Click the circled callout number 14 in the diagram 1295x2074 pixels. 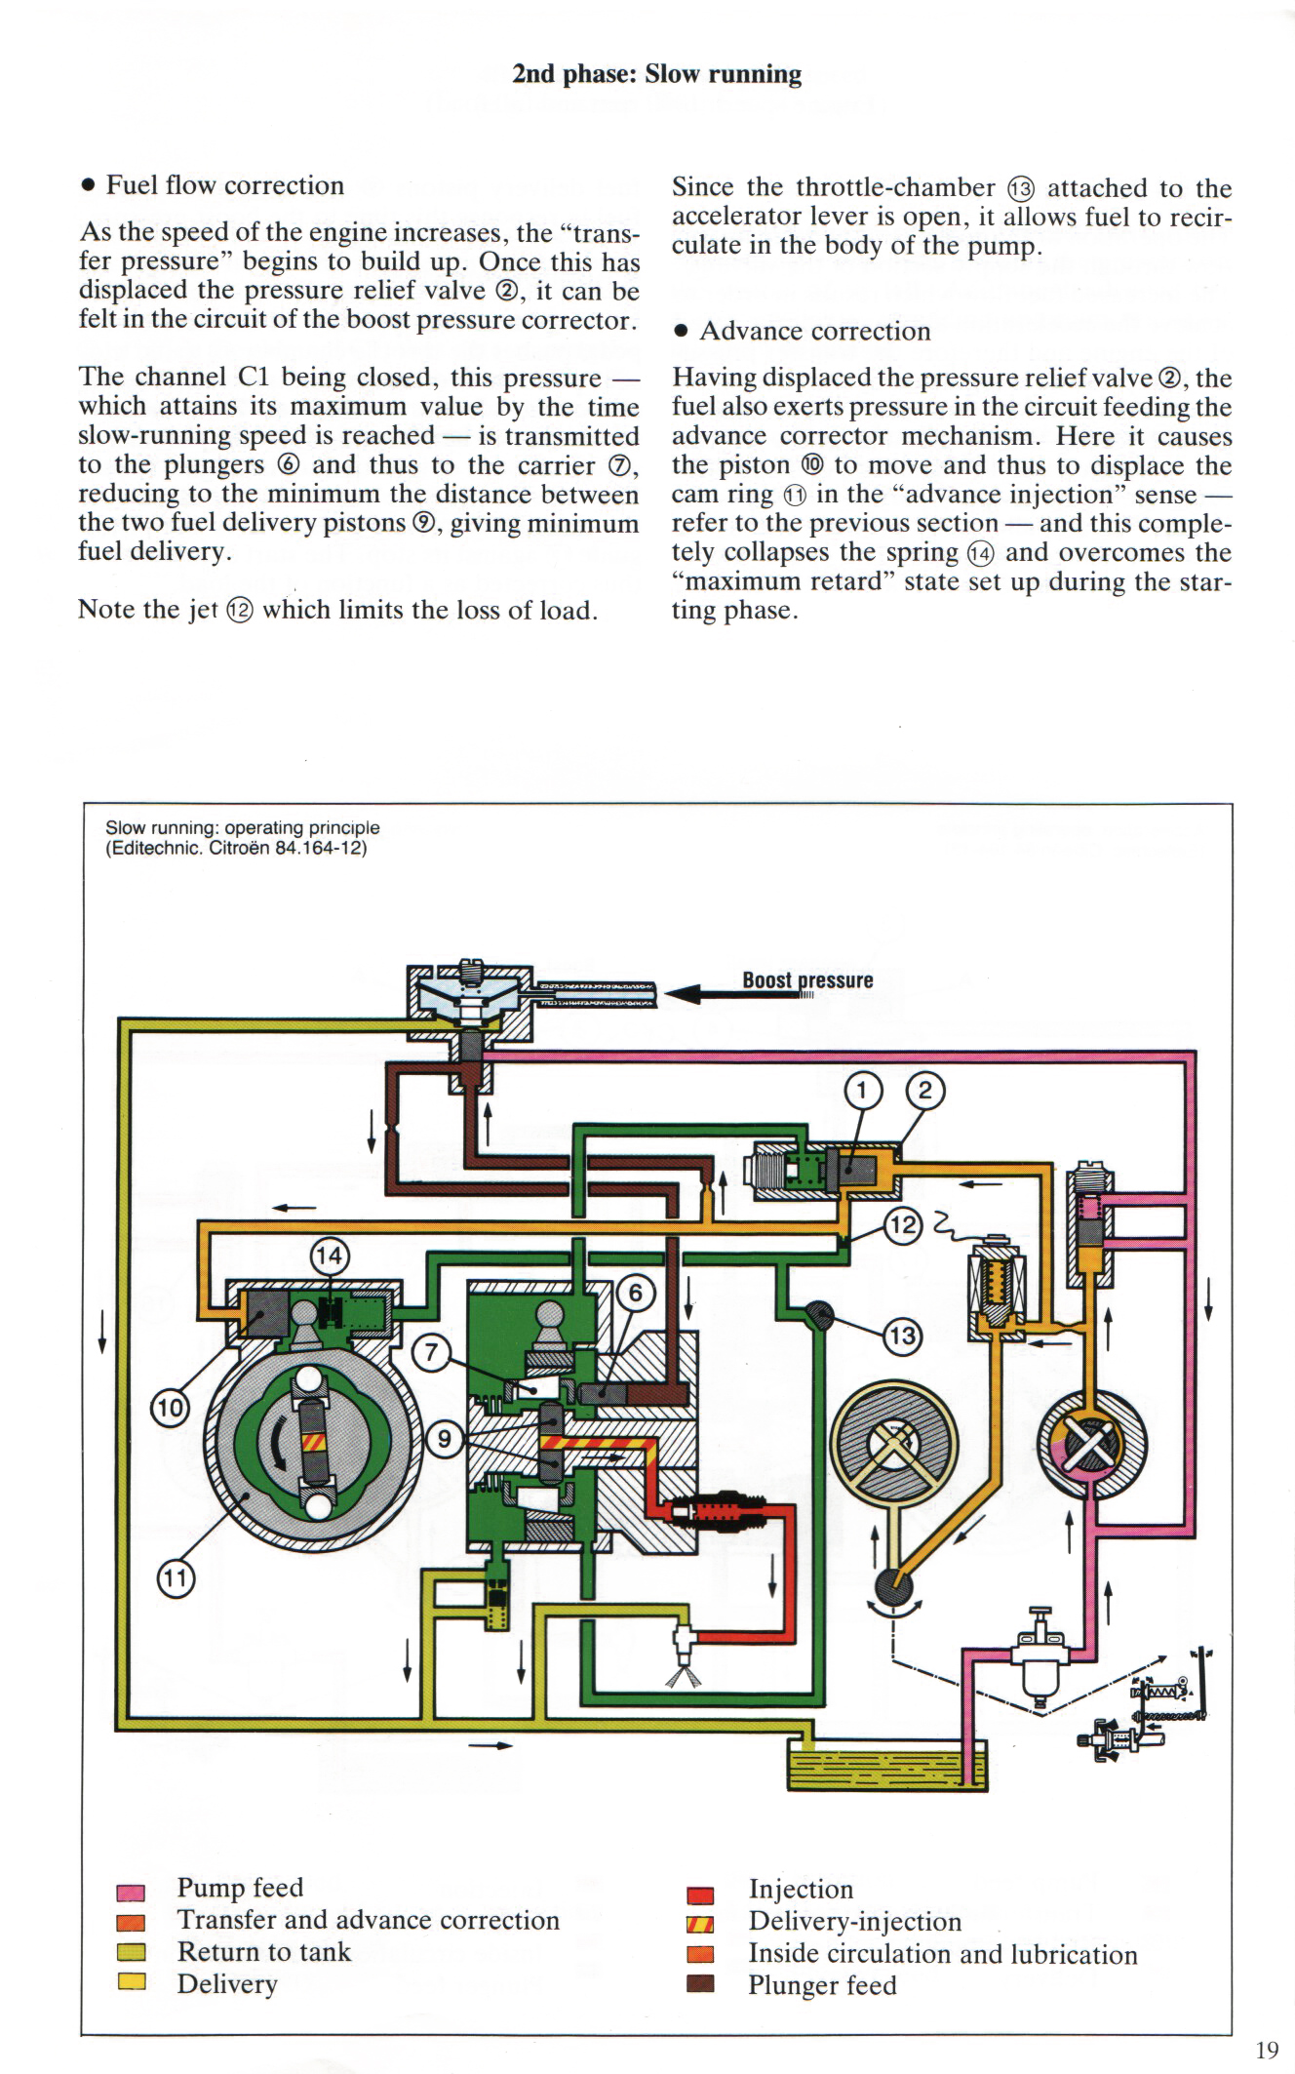click(x=330, y=1255)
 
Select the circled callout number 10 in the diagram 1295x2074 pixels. click(x=168, y=1408)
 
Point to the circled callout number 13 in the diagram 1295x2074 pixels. click(x=903, y=1334)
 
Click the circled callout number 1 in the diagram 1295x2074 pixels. click(x=863, y=1091)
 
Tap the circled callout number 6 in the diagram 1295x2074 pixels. click(x=636, y=1294)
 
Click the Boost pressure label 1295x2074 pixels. click(x=807, y=980)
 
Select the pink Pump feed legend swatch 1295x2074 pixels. click(x=131, y=1894)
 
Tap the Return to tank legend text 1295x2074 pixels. click(x=263, y=1952)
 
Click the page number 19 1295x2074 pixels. click(x=1267, y=2050)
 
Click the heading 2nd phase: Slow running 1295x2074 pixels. click(x=656, y=75)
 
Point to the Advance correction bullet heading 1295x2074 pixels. click(x=814, y=332)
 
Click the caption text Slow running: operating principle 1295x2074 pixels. click(x=242, y=827)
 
